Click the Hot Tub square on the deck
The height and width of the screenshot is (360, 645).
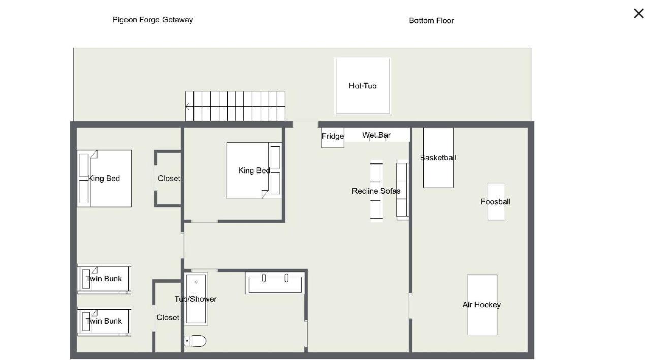coord(363,86)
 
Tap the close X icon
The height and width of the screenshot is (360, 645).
coord(639,13)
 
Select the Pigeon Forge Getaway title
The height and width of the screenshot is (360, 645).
coord(152,20)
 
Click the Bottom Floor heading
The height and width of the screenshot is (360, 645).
coord(431,21)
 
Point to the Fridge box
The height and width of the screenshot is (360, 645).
coord(333,138)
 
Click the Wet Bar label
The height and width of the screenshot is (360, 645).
coord(376,135)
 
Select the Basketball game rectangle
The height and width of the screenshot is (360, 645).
coord(438,158)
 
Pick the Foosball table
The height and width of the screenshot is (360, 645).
coord(496,202)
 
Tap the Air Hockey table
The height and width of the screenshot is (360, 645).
coord(482,305)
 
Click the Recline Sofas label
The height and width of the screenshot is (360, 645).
coord(376,191)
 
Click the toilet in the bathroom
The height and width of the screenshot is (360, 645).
coord(195,341)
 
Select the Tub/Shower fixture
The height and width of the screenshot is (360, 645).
coord(196,299)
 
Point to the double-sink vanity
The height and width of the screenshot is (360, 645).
coord(275,283)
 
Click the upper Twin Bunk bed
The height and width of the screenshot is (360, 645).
coord(104,279)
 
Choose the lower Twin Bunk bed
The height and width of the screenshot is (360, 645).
coord(104,321)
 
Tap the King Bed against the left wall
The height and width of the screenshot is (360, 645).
coord(104,178)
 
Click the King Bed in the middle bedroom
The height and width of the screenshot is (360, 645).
coord(254,171)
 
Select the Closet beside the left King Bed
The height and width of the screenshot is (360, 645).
coord(169,178)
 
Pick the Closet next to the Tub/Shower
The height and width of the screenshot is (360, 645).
coord(168,317)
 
